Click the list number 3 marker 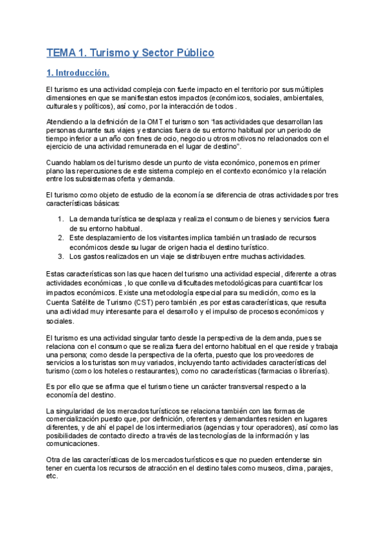click(x=60, y=256)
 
